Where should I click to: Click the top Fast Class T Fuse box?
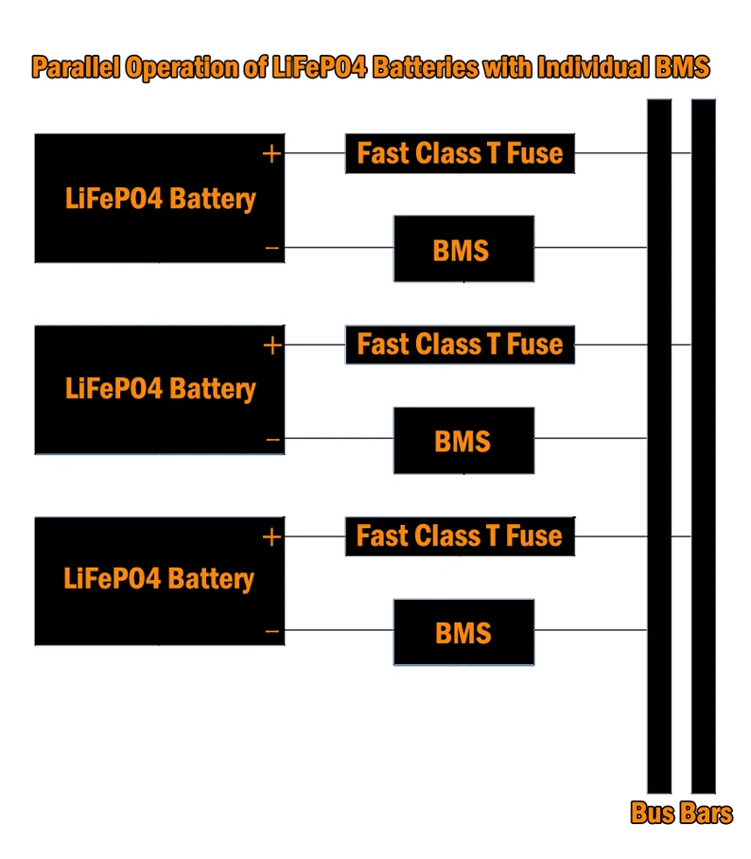460,153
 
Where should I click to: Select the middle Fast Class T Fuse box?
460,344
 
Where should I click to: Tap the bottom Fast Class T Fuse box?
460,536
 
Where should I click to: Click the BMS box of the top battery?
463,249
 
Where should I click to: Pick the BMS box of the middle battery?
463,440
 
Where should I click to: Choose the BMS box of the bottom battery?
463,632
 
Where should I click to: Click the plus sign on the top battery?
272,153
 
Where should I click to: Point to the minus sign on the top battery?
272,249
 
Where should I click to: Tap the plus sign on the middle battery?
272,345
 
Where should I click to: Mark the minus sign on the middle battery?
272,440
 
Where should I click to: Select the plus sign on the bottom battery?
272,537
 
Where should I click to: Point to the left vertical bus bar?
659,445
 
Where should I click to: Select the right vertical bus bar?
703,445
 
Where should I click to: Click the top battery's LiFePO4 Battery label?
161,200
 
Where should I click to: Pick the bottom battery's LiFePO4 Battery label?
159,579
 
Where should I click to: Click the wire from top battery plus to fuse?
315,153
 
